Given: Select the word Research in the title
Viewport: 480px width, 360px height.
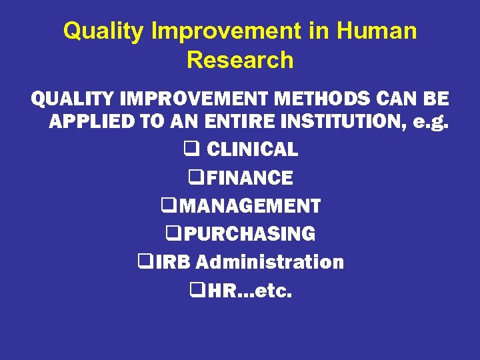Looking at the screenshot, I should pyautogui.click(x=240, y=60).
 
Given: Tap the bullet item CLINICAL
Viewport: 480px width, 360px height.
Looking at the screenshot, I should pyautogui.click(x=252, y=150).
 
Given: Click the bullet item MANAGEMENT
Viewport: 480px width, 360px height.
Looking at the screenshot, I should pyautogui.click(x=249, y=206).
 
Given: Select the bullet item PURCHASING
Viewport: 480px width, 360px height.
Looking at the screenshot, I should pyautogui.click(x=249, y=234).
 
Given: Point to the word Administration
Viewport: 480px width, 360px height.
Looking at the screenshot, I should pyautogui.click(x=270, y=262).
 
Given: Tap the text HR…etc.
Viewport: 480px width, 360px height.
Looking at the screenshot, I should pyautogui.click(x=249, y=290).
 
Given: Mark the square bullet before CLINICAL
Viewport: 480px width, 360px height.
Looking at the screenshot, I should pyautogui.click(x=189, y=150).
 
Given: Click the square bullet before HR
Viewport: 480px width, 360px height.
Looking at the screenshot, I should pyautogui.click(x=196, y=290).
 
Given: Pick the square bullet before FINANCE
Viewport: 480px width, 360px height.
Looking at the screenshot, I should pyautogui.click(x=195, y=178).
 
